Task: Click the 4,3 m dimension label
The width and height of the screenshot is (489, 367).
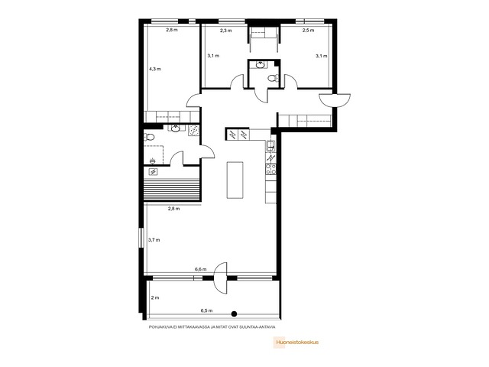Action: click(154, 69)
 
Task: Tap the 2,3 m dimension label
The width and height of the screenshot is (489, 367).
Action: click(226, 31)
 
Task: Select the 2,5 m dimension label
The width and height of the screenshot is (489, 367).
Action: click(308, 31)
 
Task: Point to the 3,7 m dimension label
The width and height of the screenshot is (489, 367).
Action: click(154, 240)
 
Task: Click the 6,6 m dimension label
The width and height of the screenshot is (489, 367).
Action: click(200, 269)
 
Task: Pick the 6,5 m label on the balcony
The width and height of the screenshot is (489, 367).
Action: click(206, 310)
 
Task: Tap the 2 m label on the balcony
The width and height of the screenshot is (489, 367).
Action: click(155, 297)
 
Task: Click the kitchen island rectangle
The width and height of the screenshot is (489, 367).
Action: click(235, 180)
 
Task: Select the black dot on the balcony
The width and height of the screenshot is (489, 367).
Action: click(235, 314)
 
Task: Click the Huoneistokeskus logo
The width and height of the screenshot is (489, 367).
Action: click(296, 342)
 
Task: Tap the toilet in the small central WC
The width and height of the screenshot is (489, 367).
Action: click(274, 78)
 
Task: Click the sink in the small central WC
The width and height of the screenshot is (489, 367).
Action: click(260, 65)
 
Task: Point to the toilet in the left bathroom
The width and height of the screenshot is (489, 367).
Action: click(149, 137)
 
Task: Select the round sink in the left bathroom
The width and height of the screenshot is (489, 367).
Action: click(176, 128)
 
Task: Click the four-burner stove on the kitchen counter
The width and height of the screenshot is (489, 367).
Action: click(270, 169)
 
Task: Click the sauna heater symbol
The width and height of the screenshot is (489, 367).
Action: click(153, 171)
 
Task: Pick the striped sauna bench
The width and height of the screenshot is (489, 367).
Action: click(172, 190)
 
